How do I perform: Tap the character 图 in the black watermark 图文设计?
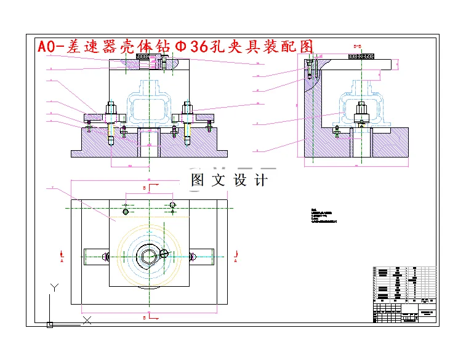(198, 180)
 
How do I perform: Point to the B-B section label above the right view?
(356, 46)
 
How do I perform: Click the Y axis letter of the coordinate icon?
(54, 287)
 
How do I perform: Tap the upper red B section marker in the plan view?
(144, 185)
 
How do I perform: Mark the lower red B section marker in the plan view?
(144, 318)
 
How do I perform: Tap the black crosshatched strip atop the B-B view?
(362, 56)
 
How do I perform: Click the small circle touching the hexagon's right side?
(164, 253)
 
